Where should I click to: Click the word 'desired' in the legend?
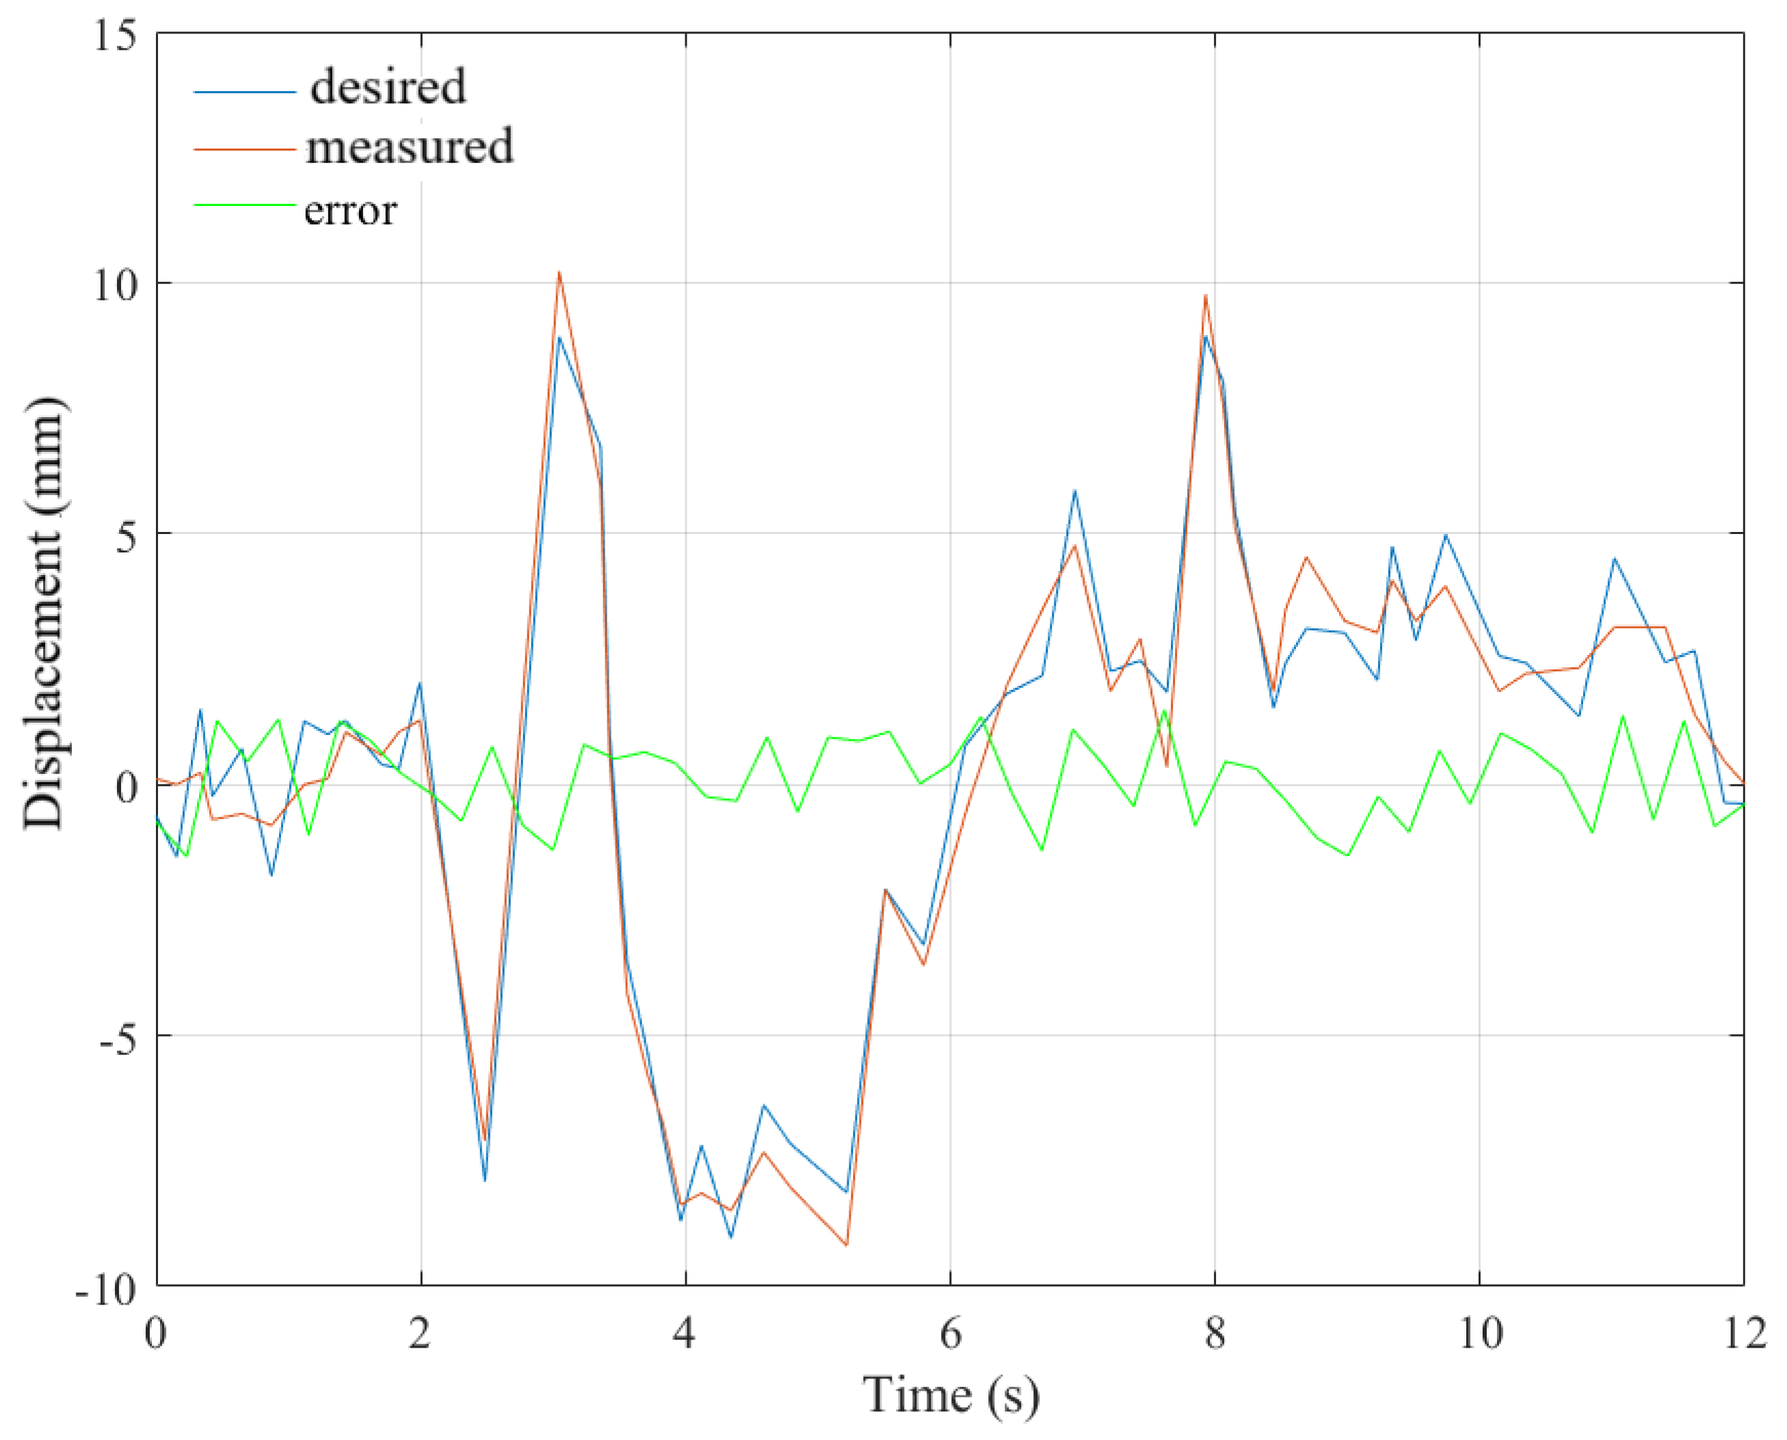pos(388,87)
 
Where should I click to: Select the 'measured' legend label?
pos(409,147)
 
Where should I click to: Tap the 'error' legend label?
pos(350,210)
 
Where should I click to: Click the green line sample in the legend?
pos(244,204)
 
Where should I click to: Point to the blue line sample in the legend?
pos(244,91)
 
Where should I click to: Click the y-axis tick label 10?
pos(114,286)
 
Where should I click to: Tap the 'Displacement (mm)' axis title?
pos(43,614)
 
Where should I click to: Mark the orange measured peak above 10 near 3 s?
pos(559,273)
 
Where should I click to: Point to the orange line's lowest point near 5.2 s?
pos(846,1245)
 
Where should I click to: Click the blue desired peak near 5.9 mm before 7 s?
pos(1074,491)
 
